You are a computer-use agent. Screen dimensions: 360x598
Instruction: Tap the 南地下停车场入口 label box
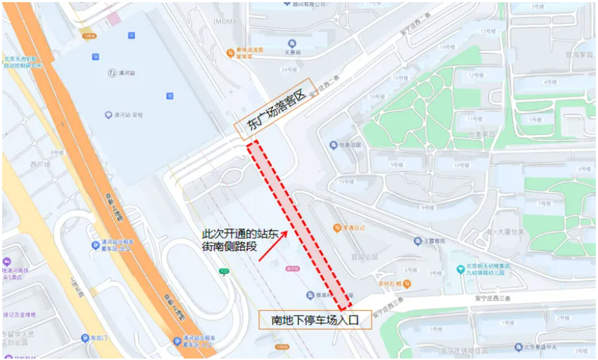click(315, 320)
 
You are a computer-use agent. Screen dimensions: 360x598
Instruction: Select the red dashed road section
click(299, 224)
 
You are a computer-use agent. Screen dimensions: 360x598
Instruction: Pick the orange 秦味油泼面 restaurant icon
click(231, 52)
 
